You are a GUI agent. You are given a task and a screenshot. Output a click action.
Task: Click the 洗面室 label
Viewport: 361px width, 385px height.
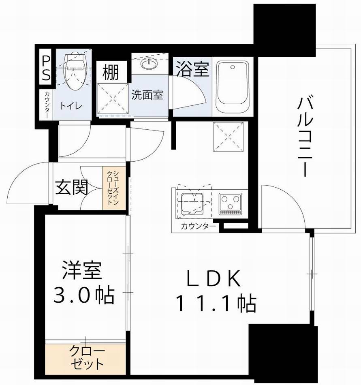pyautogui.click(x=147, y=95)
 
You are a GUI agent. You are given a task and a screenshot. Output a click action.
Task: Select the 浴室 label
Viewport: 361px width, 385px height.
pyautogui.click(x=192, y=68)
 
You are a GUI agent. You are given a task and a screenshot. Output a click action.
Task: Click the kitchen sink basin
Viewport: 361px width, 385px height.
pyautogui.click(x=193, y=203)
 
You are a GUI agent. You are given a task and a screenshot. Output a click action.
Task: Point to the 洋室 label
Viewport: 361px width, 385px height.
pyautogui.click(x=81, y=270)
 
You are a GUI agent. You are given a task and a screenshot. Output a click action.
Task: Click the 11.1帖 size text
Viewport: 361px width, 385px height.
pyautogui.click(x=215, y=303)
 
